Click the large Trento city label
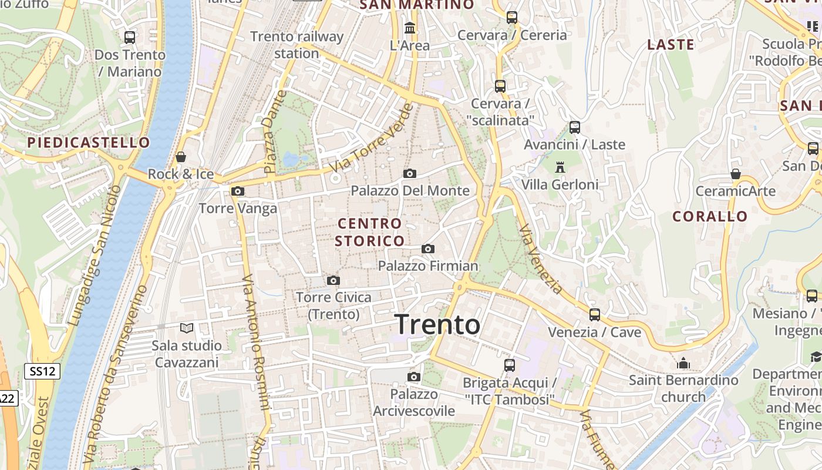click(x=437, y=324)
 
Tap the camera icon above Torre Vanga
click(x=238, y=191)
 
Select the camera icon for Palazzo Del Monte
click(x=410, y=173)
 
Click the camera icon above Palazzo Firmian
click(x=428, y=249)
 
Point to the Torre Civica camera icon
click(x=333, y=280)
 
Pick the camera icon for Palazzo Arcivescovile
click(x=414, y=377)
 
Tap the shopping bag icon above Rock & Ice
click(x=181, y=157)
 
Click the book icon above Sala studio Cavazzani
click(x=187, y=328)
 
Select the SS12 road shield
click(x=42, y=371)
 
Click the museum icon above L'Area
click(x=410, y=28)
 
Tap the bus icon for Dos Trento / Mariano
click(x=130, y=37)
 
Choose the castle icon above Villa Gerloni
click(x=560, y=167)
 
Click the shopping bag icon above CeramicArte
click(x=735, y=174)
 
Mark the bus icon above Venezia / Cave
click(x=595, y=314)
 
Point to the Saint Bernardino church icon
click(x=683, y=363)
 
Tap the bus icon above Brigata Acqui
click(x=509, y=365)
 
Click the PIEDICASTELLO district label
click(x=89, y=143)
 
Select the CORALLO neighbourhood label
click(x=710, y=216)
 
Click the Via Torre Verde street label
click(x=371, y=139)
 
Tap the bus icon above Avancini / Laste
click(x=575, y=127)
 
